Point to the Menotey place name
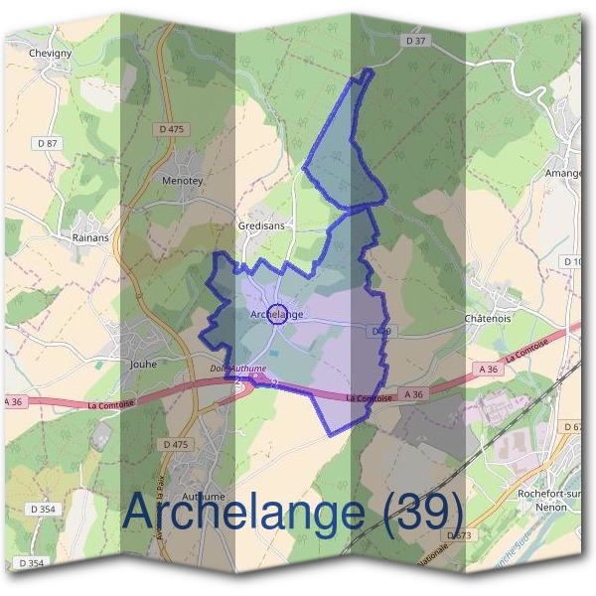pos(182,182)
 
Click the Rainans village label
pos(90,238)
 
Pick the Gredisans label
pos(262,225)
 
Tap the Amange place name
pos(562,173)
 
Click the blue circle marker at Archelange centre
pos(278,314)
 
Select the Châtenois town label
pos(488,319)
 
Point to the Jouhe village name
pos(145,364)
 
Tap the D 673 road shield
pos(458,535)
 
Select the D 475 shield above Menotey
pos(171,129)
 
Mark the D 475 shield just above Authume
pos(175,444)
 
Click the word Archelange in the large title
pos(243,513)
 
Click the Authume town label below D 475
pos(206,496)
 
